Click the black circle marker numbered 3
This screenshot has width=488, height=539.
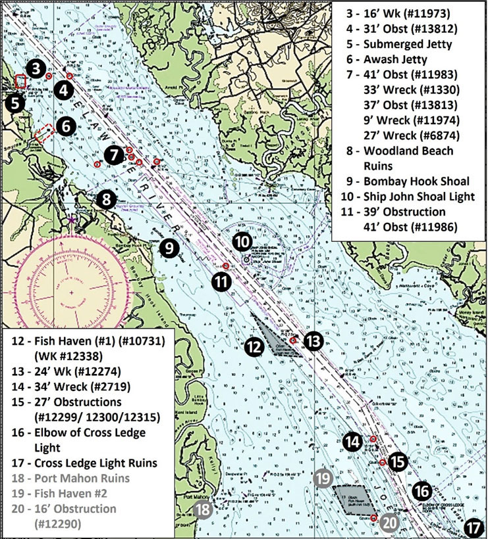coord(36,67)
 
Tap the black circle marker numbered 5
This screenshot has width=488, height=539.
coord(13,103)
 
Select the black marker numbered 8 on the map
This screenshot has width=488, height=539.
coord(106,199)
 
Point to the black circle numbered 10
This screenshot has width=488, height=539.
coord(242,242)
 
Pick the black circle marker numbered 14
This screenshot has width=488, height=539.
coord(352,442)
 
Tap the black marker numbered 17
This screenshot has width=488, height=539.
coord(473,527)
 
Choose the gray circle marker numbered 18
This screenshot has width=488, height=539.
coord(204,509)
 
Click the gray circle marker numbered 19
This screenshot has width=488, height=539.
coord(323,478)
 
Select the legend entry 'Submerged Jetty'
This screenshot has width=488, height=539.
coord(402,45)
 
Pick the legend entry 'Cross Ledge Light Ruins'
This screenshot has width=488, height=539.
coord(92,463)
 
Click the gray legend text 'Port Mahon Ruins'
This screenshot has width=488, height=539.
coord(75,479)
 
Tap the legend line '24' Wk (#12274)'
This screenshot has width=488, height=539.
coord(68,371)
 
